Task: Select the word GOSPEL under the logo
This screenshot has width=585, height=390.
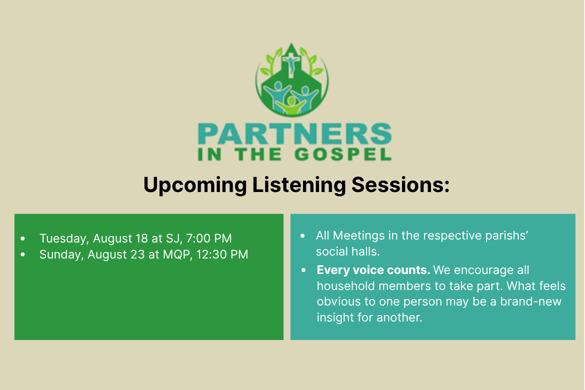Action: click(343, 154)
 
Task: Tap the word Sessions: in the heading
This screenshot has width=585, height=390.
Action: click(400, 184)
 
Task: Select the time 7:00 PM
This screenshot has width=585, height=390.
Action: click(209, 238)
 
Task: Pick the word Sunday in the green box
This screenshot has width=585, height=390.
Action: click(61, 254)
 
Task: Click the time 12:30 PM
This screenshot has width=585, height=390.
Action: click(222, 254)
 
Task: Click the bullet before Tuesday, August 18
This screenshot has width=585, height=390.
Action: click(23, 239)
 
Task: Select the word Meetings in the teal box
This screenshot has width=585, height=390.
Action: click(353, 235)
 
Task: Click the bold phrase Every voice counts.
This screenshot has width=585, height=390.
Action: click(373, 270)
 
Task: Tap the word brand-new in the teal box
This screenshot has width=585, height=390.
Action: click(530, 301)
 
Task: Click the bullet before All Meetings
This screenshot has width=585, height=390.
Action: click(303, 236)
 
